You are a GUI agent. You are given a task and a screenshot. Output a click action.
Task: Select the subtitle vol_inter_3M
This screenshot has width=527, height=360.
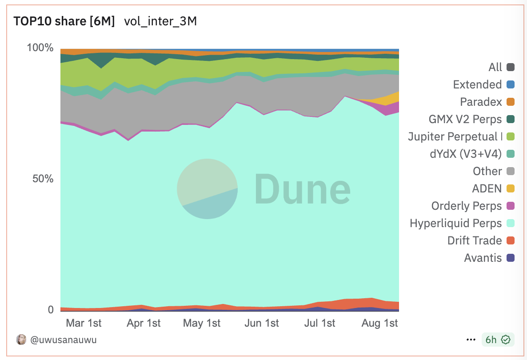[160, 21]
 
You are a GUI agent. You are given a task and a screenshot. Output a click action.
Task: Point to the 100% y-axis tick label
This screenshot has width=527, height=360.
[40, 48]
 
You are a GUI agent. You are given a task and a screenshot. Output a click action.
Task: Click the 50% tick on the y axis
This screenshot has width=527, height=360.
[43, 179]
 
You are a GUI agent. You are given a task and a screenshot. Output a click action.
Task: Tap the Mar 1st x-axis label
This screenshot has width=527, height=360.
[84, 323]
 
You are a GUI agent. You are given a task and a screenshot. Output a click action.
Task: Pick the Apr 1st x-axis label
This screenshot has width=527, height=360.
[143, 323]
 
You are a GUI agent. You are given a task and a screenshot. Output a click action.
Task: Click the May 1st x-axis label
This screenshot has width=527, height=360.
[202, 323]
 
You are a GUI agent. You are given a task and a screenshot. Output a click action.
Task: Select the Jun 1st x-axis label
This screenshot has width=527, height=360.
[262, 323]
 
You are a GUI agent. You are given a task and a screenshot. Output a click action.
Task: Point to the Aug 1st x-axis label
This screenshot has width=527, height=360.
[380, 323]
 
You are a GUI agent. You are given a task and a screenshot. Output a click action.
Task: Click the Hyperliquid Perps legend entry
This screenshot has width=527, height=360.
[456, 223]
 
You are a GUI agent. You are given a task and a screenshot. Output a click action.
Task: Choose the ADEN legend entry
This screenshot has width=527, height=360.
[487, 188]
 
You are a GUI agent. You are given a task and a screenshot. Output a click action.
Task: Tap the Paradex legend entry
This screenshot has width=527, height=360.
[481, 102]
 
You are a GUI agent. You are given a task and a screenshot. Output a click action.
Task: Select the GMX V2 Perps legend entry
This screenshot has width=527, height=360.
[465, 119]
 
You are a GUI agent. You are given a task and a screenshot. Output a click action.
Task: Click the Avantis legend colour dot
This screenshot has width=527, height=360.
[511, 258]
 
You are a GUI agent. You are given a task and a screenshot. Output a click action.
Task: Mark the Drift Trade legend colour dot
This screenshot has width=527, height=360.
[511, 240]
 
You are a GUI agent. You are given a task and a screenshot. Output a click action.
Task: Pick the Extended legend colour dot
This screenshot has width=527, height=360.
[511, 84]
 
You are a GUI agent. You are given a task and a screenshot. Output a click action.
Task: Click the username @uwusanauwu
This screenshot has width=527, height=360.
[63, 340]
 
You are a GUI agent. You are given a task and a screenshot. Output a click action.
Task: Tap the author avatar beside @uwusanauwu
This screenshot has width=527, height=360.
[21, 340]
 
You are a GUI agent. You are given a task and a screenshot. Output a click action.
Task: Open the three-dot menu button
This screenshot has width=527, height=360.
[471, 340]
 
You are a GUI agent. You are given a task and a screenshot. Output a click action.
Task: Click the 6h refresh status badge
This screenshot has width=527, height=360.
[498, 340]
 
